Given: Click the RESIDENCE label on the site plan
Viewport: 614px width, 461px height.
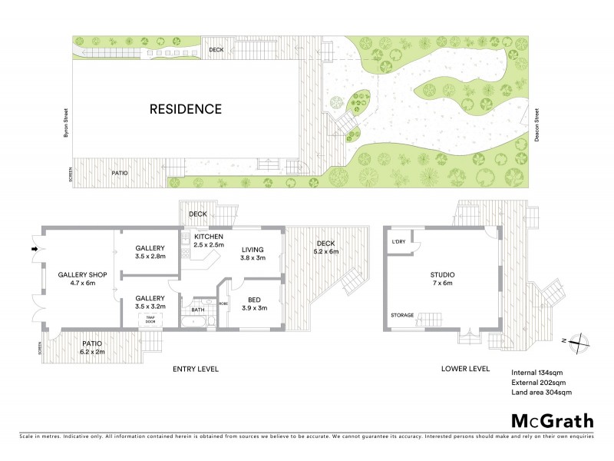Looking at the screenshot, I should coord(185,109).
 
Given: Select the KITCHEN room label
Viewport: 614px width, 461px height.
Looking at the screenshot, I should coord(209,236).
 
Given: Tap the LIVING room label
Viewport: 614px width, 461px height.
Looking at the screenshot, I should coord(253,249).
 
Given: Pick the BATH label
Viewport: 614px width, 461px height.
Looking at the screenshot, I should coord(198,310).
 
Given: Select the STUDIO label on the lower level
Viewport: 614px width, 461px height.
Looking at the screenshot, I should coord(443,274).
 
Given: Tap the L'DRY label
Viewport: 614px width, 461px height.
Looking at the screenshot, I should coord(398,242).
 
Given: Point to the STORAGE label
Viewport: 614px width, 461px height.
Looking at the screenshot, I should coord(401,315).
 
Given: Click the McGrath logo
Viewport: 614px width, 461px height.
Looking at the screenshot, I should coord(552,420).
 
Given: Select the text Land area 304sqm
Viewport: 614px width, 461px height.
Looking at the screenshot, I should coord(541,393).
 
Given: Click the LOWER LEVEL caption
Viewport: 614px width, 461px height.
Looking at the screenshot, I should coord(465,369).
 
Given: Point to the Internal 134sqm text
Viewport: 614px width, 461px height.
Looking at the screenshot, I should coord(538,373).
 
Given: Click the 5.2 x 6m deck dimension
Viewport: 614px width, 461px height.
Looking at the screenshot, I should coord(326,251).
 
